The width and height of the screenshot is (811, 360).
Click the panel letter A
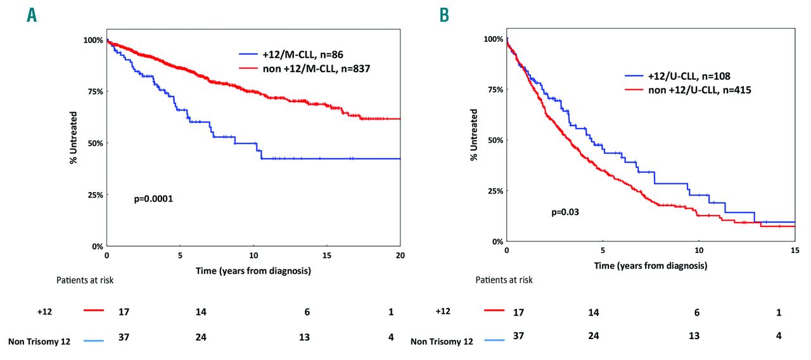point(32,16)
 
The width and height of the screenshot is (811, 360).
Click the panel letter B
point(445,16)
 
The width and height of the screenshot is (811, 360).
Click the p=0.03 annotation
point(565,212)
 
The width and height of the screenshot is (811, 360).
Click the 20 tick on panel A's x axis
point(400,255)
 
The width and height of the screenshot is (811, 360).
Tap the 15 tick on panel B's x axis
point(795,251)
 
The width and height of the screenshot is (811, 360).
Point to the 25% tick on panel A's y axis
point(94,195)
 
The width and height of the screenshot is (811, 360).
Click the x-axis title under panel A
point(253,271)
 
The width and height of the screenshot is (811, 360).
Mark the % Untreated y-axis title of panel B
point(473,139)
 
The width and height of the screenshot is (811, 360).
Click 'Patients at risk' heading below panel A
point(83,280)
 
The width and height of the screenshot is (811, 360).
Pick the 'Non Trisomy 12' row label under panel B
point(442,342)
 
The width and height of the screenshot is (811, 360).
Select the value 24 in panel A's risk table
point(201,337)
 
